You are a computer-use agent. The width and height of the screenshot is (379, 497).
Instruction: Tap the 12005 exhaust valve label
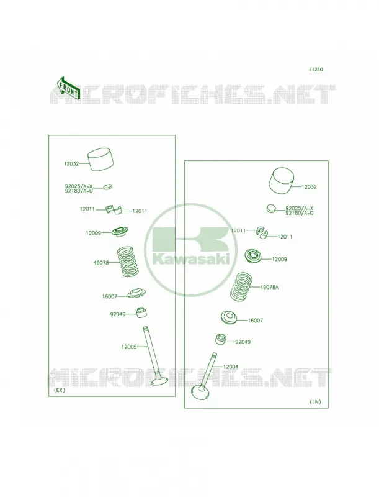click(129, 347)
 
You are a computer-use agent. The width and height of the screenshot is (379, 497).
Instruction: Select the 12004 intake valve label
click(231, 367)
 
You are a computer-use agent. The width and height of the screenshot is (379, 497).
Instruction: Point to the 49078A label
click(269, 288)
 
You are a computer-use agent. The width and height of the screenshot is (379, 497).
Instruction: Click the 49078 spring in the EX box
click(128, 262)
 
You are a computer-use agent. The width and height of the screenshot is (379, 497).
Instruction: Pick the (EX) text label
click(60, 390)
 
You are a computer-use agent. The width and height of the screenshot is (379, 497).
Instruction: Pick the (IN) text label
click(315, 401)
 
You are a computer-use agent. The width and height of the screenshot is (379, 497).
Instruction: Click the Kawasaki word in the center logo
click(191, 260)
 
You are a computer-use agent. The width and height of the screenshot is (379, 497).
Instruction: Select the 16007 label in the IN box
click(256, 321)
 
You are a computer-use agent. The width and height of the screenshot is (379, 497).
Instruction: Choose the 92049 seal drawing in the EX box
click(141, 313)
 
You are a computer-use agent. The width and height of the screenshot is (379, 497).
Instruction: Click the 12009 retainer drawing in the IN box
click(254, 257)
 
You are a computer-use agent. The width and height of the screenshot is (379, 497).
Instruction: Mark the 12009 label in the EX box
click(93, 233)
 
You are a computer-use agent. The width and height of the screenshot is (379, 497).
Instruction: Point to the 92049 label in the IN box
click(243, 342)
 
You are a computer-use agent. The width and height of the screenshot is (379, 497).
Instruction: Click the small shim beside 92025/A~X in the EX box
click(108, 187)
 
